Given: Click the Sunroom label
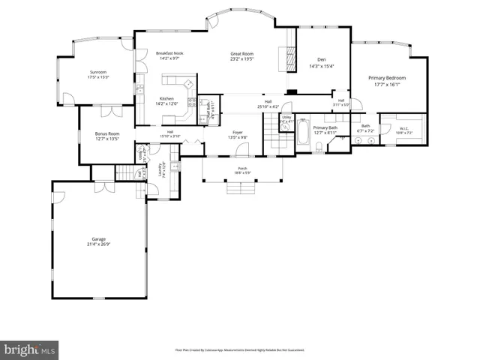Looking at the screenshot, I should point(98,73).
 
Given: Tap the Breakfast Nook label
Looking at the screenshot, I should point(170,53).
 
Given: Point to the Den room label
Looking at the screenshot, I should point(321,59).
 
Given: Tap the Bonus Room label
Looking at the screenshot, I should point(107,133).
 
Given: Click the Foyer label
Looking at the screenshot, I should point(237,133).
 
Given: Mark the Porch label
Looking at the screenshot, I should point(242,168).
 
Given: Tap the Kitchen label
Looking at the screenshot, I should point(166,99).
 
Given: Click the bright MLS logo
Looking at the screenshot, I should point(30,349).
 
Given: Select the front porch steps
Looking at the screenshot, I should point(242,188).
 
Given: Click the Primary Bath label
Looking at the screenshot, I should point(325,127).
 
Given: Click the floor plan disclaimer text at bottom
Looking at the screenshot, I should point(239,349).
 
